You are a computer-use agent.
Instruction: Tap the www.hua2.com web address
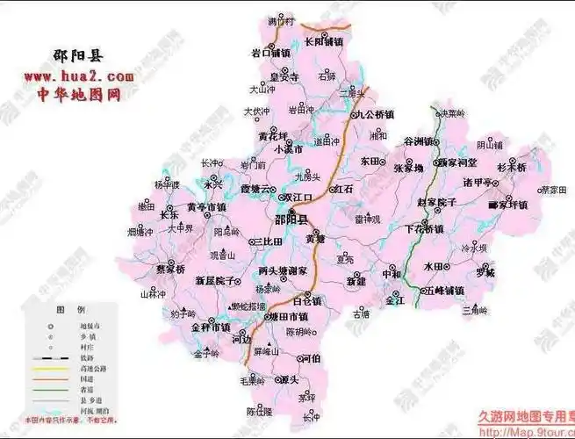tap(72, 77)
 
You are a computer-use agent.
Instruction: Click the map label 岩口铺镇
tap(270, 53)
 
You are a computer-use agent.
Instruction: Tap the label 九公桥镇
tap(375, 114)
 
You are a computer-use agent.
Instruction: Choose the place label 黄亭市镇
tap(206, 207)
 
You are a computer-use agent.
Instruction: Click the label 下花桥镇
tap(424, 228)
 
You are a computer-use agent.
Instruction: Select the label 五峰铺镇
tap(442, 290)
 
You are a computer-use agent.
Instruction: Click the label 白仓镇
tap(307, 300)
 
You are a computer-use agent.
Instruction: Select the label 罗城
tap(485, 272)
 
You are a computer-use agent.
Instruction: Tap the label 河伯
tap(310, 358)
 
